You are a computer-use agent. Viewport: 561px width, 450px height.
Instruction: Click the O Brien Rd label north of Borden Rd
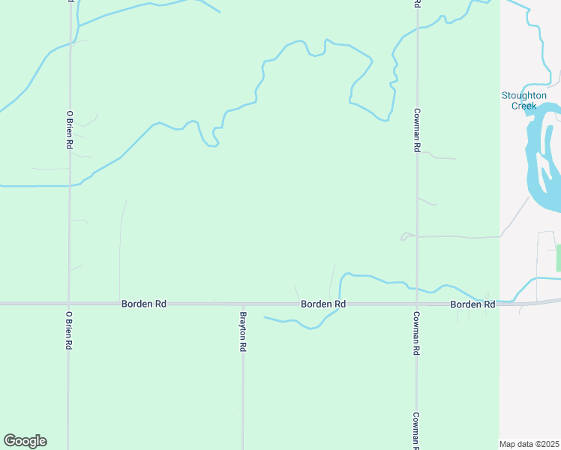(69, 130)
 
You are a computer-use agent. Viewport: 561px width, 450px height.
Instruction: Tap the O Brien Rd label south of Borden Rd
(69, 330)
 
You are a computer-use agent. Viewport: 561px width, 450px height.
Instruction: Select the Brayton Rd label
(243, 332)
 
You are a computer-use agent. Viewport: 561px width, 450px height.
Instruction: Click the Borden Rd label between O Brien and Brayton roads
(143, 304)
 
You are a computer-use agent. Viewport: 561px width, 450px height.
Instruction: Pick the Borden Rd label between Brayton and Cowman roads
(323, 304)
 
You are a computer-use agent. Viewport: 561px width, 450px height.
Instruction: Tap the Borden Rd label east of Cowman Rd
(472, 304)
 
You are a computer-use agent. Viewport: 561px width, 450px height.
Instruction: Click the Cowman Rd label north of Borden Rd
(416, 130)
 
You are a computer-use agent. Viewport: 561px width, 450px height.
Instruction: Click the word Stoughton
(524, 95)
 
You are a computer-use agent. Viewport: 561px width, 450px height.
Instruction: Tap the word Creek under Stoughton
(524, 106)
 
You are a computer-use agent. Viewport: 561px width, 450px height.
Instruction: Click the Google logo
(25, 441)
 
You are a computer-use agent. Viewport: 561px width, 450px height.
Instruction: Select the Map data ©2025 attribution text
(529, 444)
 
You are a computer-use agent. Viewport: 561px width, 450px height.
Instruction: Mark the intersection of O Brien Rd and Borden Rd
(69, 304)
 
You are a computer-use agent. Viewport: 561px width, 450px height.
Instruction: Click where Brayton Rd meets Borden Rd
(243, 304)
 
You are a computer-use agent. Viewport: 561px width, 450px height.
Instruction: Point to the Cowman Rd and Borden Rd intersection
(416, 304)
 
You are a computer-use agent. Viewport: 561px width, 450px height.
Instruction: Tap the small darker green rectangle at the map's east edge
(558, 257)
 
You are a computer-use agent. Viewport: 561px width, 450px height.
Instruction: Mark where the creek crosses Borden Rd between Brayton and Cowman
(340, 304)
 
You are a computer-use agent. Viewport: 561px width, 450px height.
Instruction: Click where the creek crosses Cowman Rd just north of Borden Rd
(416, 289)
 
